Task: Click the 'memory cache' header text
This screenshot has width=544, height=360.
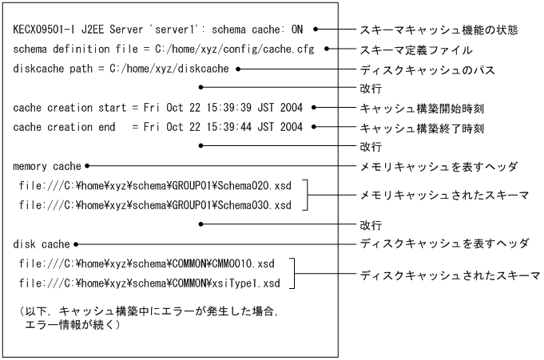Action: [47, 167]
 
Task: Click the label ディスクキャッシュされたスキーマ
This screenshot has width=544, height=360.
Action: [451, 275]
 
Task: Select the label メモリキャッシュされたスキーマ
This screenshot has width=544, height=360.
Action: [446, 196]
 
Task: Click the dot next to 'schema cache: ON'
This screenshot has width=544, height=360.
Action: [316, 30]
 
